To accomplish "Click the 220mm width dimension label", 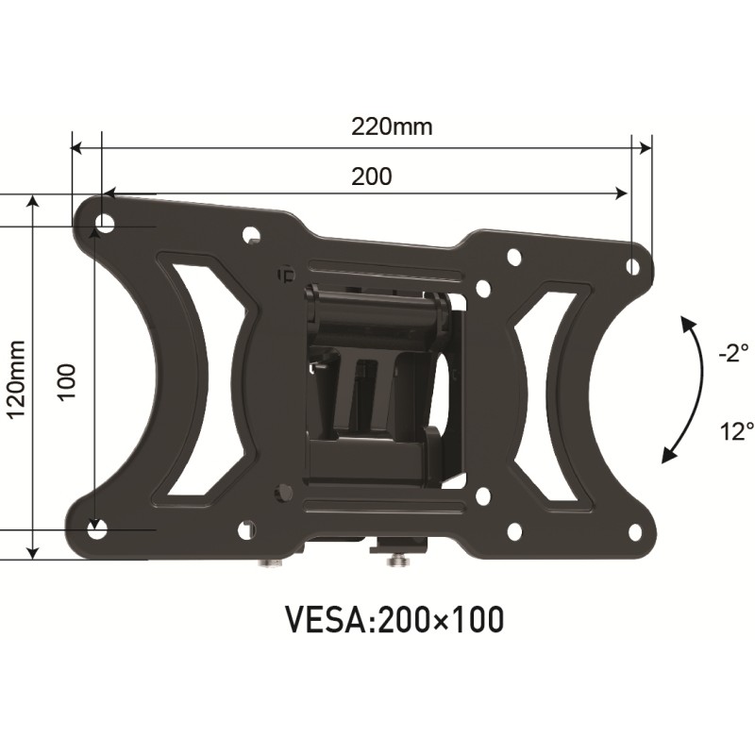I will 392,126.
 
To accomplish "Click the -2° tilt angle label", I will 731,354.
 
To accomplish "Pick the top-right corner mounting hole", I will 633,266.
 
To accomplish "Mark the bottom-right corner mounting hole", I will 634,532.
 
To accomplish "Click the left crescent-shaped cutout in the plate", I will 190,377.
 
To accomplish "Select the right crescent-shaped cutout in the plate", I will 557,396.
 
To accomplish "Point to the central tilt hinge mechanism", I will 382,377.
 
